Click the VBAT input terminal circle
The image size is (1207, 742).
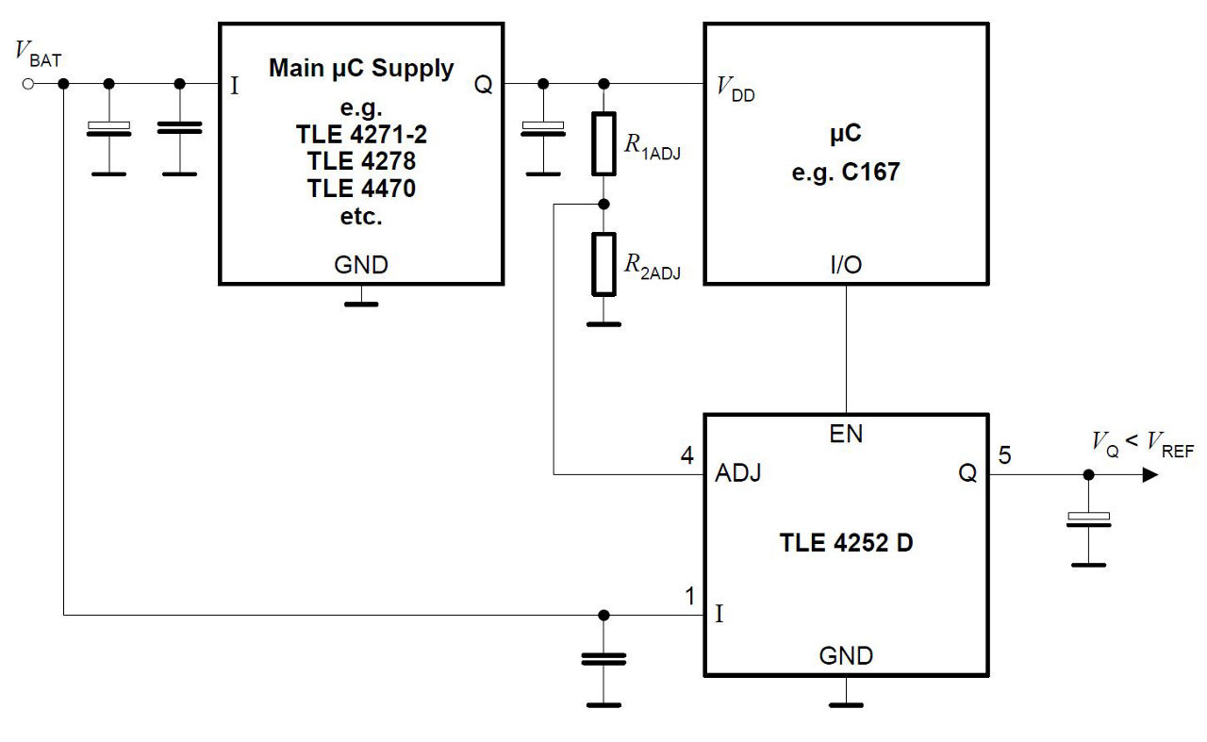[x=28, y=84]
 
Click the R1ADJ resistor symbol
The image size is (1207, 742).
[x=603, y=143]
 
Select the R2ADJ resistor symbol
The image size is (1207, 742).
[x=603, y=263]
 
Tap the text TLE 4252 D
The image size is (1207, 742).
[x=846, y=544]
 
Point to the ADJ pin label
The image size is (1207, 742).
[x=738, y=474]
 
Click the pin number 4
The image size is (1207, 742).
[x=687, y=456]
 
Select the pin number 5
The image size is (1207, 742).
[x=1004, y=456]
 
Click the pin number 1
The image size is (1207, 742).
[x=690, y=596]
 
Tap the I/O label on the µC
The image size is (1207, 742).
[x=846, y=266]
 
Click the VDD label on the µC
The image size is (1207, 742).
[x=736, y=90]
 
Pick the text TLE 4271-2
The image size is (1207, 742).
[x=361, y=134]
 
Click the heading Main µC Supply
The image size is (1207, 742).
[x=361, y=69]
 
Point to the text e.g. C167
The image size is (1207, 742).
[x=846, y=173]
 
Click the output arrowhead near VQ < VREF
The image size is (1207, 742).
[x=1149, y=475]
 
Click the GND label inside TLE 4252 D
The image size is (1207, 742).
[x=846, y=655]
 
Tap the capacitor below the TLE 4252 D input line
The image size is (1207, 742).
[x=603, y=659]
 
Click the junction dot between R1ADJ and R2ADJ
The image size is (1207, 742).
[x=603, y=204]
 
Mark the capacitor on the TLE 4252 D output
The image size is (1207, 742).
[x=1089, y=519]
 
